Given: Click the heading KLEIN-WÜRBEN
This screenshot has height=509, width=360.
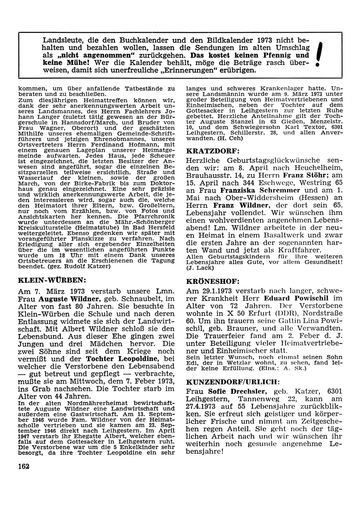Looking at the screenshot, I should coord(52,280).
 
